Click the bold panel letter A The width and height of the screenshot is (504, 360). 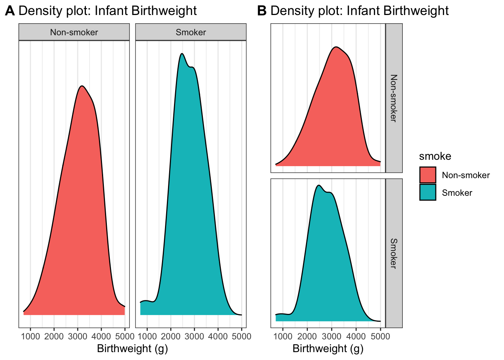tap(10, 11)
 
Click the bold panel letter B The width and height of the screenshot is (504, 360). tap(262, 11)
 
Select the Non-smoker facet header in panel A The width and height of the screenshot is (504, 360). tap(74, 32)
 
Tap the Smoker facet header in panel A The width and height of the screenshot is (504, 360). tap(190, 32)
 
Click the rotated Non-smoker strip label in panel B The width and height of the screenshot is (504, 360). tap(394, 98)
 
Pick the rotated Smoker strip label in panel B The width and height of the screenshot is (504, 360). tap(394, 253)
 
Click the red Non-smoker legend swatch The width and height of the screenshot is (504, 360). tap(427, 175)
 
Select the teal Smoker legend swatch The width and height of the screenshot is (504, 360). tap(427, 192)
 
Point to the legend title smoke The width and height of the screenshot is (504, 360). tap(435, 156)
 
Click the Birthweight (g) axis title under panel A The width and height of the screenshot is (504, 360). tap(132, 349)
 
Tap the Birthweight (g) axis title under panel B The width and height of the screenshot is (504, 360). tap(328, 349)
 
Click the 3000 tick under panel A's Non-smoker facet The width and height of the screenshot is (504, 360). tap(78, 336)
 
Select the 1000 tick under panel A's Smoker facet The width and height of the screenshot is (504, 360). tap(147, 336)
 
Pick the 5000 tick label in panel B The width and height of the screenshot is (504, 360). tap(380, 336)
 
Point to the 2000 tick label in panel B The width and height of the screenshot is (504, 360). tap(307, 336)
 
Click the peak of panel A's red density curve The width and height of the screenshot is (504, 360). tap(82, 86)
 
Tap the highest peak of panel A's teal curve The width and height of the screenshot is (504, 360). tap(182, 54)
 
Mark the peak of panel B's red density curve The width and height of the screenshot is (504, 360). tap(336, 47)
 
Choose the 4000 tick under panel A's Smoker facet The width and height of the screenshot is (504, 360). tap(218, 336)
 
